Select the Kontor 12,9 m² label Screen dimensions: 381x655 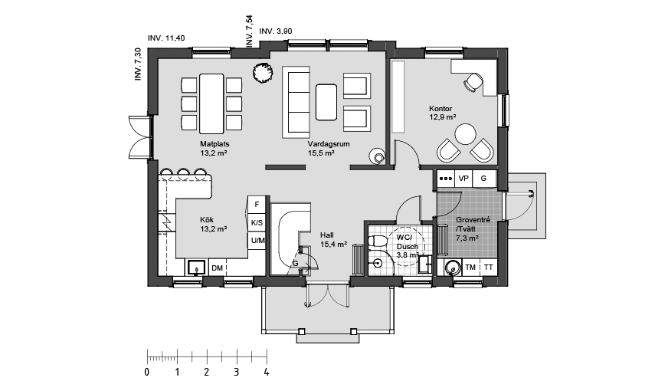(443, 113)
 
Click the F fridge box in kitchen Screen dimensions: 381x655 (257, 205)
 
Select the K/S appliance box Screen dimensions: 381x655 (257, 223)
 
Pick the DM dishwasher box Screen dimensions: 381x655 (217, 268)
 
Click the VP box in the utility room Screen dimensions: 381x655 (463, 179)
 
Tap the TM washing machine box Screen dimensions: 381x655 (470, 267)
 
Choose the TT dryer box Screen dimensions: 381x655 (488, 267)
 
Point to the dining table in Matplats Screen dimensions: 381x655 (211, 103)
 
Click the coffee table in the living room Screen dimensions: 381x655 (326, 102)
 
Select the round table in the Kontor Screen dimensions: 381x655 (465, 136)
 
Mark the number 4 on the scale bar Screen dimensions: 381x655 (266, 372)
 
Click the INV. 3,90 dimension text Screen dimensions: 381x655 (276, 31)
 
